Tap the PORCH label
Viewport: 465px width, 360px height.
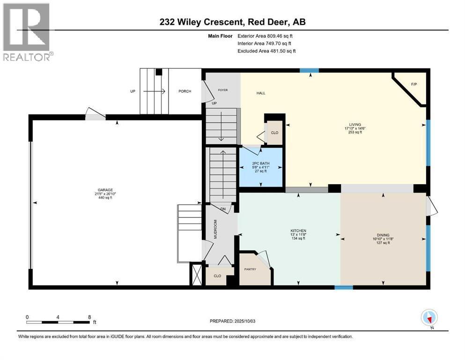tap(185, 91)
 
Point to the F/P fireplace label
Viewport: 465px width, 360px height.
tap(413, 84)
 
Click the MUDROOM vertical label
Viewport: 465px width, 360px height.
tap(216, 229)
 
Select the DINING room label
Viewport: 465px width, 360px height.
tap(383, 235)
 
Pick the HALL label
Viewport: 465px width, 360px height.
tap(261, 93)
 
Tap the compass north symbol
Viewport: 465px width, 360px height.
tap(429, 318)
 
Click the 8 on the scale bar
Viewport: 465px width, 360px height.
tap(89, 317)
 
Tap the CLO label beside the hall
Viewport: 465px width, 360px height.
tap(275, 133)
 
